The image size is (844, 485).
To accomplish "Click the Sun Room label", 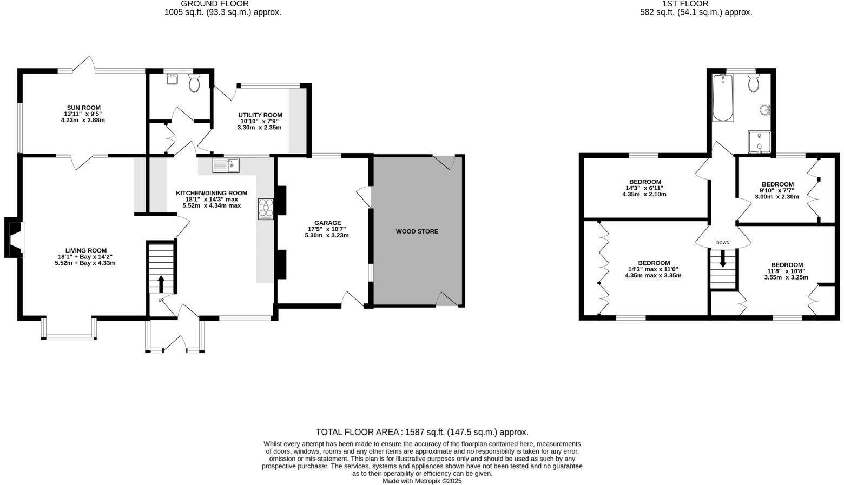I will coord(83,108).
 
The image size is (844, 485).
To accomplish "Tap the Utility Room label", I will coord(260,115).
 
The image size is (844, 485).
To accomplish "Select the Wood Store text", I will coord(417,231).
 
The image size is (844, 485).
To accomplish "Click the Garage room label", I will coord(327,223).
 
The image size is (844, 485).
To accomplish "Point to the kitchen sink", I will coord(226,164).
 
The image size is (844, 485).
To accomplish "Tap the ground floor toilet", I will coord(194,84).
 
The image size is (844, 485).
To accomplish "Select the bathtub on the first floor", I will coord(722,98).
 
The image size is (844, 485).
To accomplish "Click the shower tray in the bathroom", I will coord(760,142).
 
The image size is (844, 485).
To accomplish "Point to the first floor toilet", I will coord(753,83).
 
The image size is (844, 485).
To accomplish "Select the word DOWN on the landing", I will coord(723,243).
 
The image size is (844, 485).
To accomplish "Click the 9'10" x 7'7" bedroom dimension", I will coord(777,190).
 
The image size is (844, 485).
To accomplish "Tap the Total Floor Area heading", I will coord(422,432).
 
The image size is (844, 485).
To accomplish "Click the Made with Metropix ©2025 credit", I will coord(422,481).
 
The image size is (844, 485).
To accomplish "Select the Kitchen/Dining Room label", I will coord(212,193).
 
